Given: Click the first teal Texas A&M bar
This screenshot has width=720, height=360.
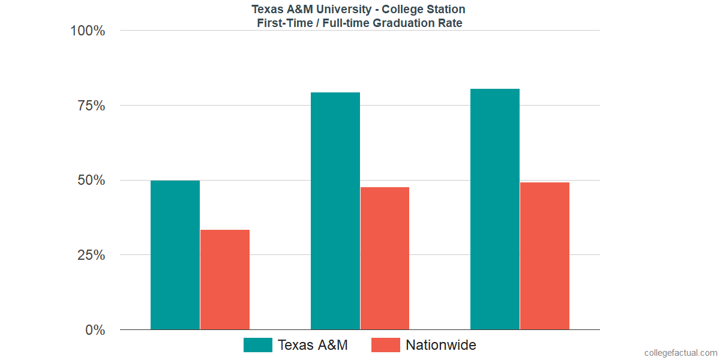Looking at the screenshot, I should coord(175,255).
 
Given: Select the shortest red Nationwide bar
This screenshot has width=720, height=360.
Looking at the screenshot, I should coord(224,280).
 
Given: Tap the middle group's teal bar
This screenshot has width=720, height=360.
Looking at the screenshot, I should coord(335,211).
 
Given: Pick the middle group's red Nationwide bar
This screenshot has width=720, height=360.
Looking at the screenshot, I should coord(385,258).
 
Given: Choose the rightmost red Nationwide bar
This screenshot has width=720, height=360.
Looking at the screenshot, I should coord(544,256).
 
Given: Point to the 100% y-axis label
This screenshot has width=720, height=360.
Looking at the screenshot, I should coord(88,31).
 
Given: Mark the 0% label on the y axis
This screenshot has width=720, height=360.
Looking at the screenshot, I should coord(95,330).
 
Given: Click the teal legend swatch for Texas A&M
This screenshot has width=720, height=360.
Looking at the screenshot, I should coord(258,345).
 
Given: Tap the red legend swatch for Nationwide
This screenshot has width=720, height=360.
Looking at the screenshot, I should coord(385,345).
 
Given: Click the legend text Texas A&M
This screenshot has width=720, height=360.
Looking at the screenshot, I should coord(312,345).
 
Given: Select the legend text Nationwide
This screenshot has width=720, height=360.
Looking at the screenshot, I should coord(440,345).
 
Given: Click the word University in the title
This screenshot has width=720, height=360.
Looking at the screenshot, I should coord(334,9).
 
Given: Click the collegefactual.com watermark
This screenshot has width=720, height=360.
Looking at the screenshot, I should coord(680,353).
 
